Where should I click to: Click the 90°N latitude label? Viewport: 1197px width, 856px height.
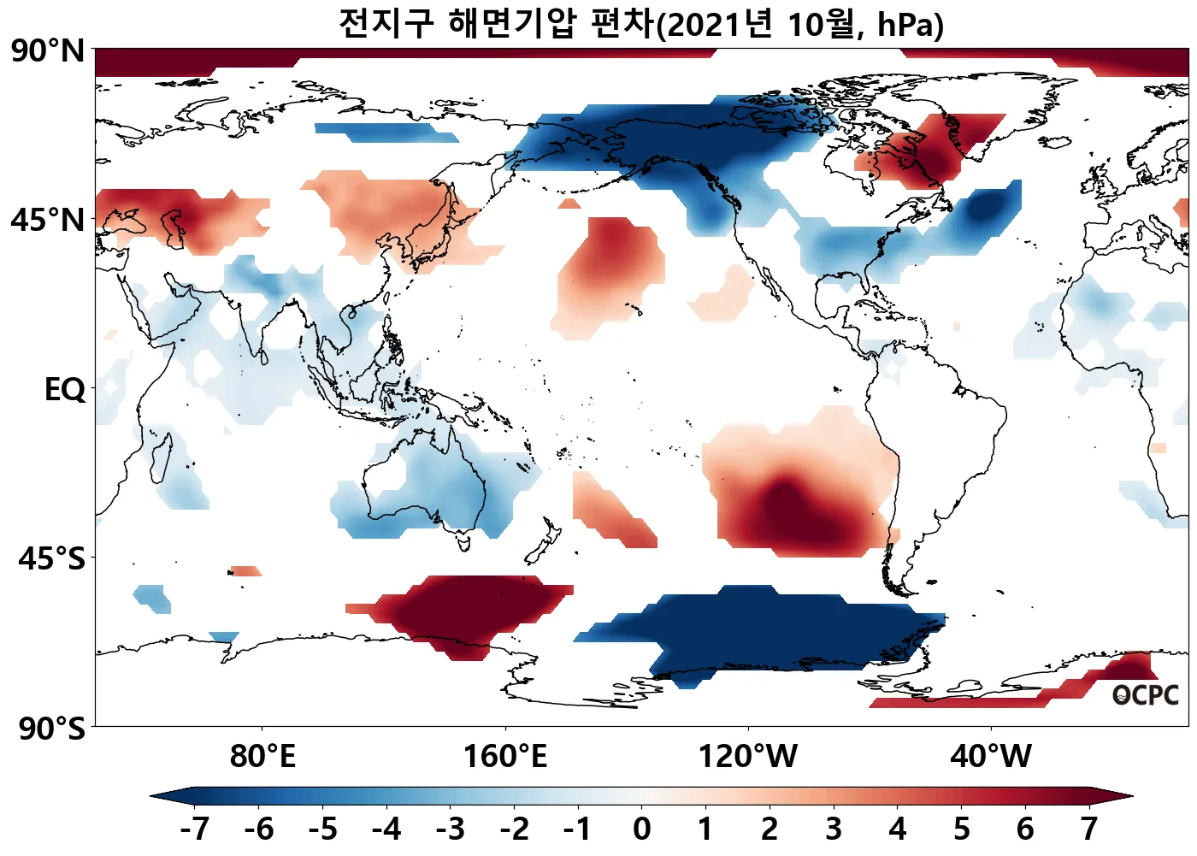[x=49, y=51]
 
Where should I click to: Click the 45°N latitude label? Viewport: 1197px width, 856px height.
[x=49, y=221]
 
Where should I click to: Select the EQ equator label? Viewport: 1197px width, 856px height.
[x=65, y=390]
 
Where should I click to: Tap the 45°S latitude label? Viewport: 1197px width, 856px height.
[x=51, y=559]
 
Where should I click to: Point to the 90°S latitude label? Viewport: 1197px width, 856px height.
[x=51, y=729]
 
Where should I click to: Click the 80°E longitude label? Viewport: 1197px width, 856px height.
[x=262, y=757]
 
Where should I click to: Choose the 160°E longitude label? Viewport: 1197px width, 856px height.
[x=504, y=757]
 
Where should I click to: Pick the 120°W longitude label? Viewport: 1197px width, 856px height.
[x=748, y=757]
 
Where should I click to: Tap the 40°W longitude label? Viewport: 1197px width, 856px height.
[x=991, y=757]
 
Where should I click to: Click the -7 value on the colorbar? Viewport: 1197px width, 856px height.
[x=194, y=829]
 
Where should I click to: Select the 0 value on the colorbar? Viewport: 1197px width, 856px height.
[x=642, y=829]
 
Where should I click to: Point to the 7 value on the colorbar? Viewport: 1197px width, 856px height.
[x=1088, y=829]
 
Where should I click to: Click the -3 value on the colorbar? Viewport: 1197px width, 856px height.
[x=450, y=829]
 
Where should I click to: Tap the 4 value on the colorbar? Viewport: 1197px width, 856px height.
[x=897, y=829]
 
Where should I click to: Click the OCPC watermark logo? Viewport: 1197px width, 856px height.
[x=1145, y=695]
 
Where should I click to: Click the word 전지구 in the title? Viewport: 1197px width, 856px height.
[x=386, y=24]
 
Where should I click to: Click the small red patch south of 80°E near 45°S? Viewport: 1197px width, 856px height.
[x=246, y=570]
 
